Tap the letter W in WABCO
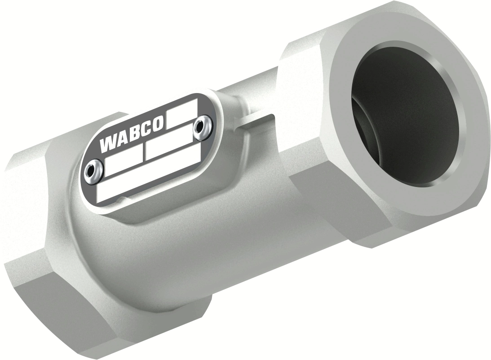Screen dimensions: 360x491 pos(107,145)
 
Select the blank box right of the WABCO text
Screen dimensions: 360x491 pos(181,114)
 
